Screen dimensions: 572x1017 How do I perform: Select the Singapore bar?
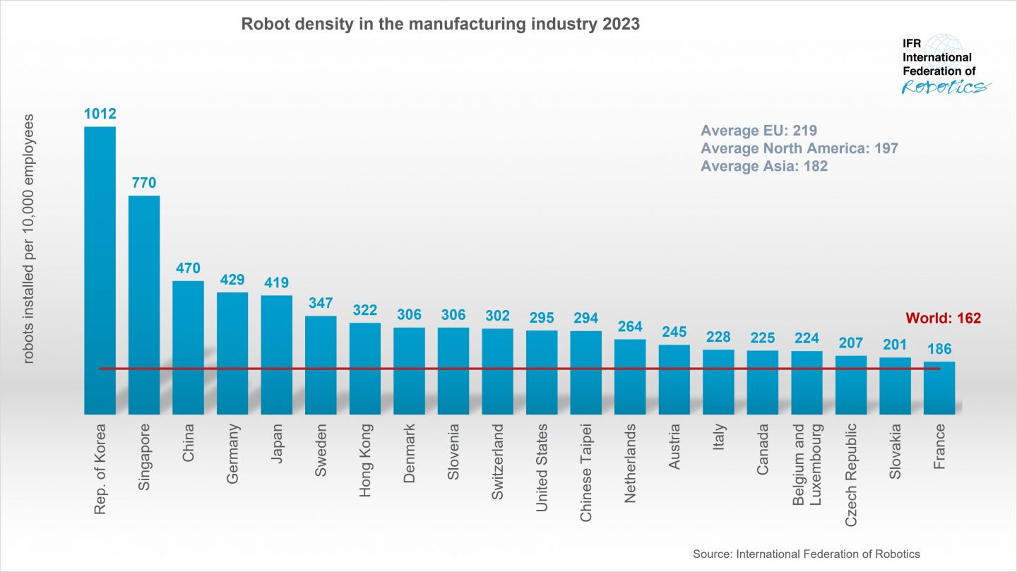(144, 304)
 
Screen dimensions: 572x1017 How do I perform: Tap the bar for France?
(939, 388)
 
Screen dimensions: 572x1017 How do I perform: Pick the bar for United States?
(542, 372)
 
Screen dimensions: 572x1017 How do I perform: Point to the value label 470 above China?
(188, 268)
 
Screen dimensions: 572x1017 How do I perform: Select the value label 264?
(630, 327)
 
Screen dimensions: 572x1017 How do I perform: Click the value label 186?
(939, 349)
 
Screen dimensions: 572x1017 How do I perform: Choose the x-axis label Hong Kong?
(366, 460)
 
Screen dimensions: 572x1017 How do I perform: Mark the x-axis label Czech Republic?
(851, 475)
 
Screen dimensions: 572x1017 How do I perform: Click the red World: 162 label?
(943, 318)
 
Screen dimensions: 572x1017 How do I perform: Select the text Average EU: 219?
(759, 131)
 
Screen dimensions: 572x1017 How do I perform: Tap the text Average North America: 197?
(799, 148)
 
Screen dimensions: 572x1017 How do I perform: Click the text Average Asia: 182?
(763, 167)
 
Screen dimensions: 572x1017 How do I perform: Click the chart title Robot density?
(440, 24)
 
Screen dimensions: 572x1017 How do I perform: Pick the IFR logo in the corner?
(945, 64)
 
